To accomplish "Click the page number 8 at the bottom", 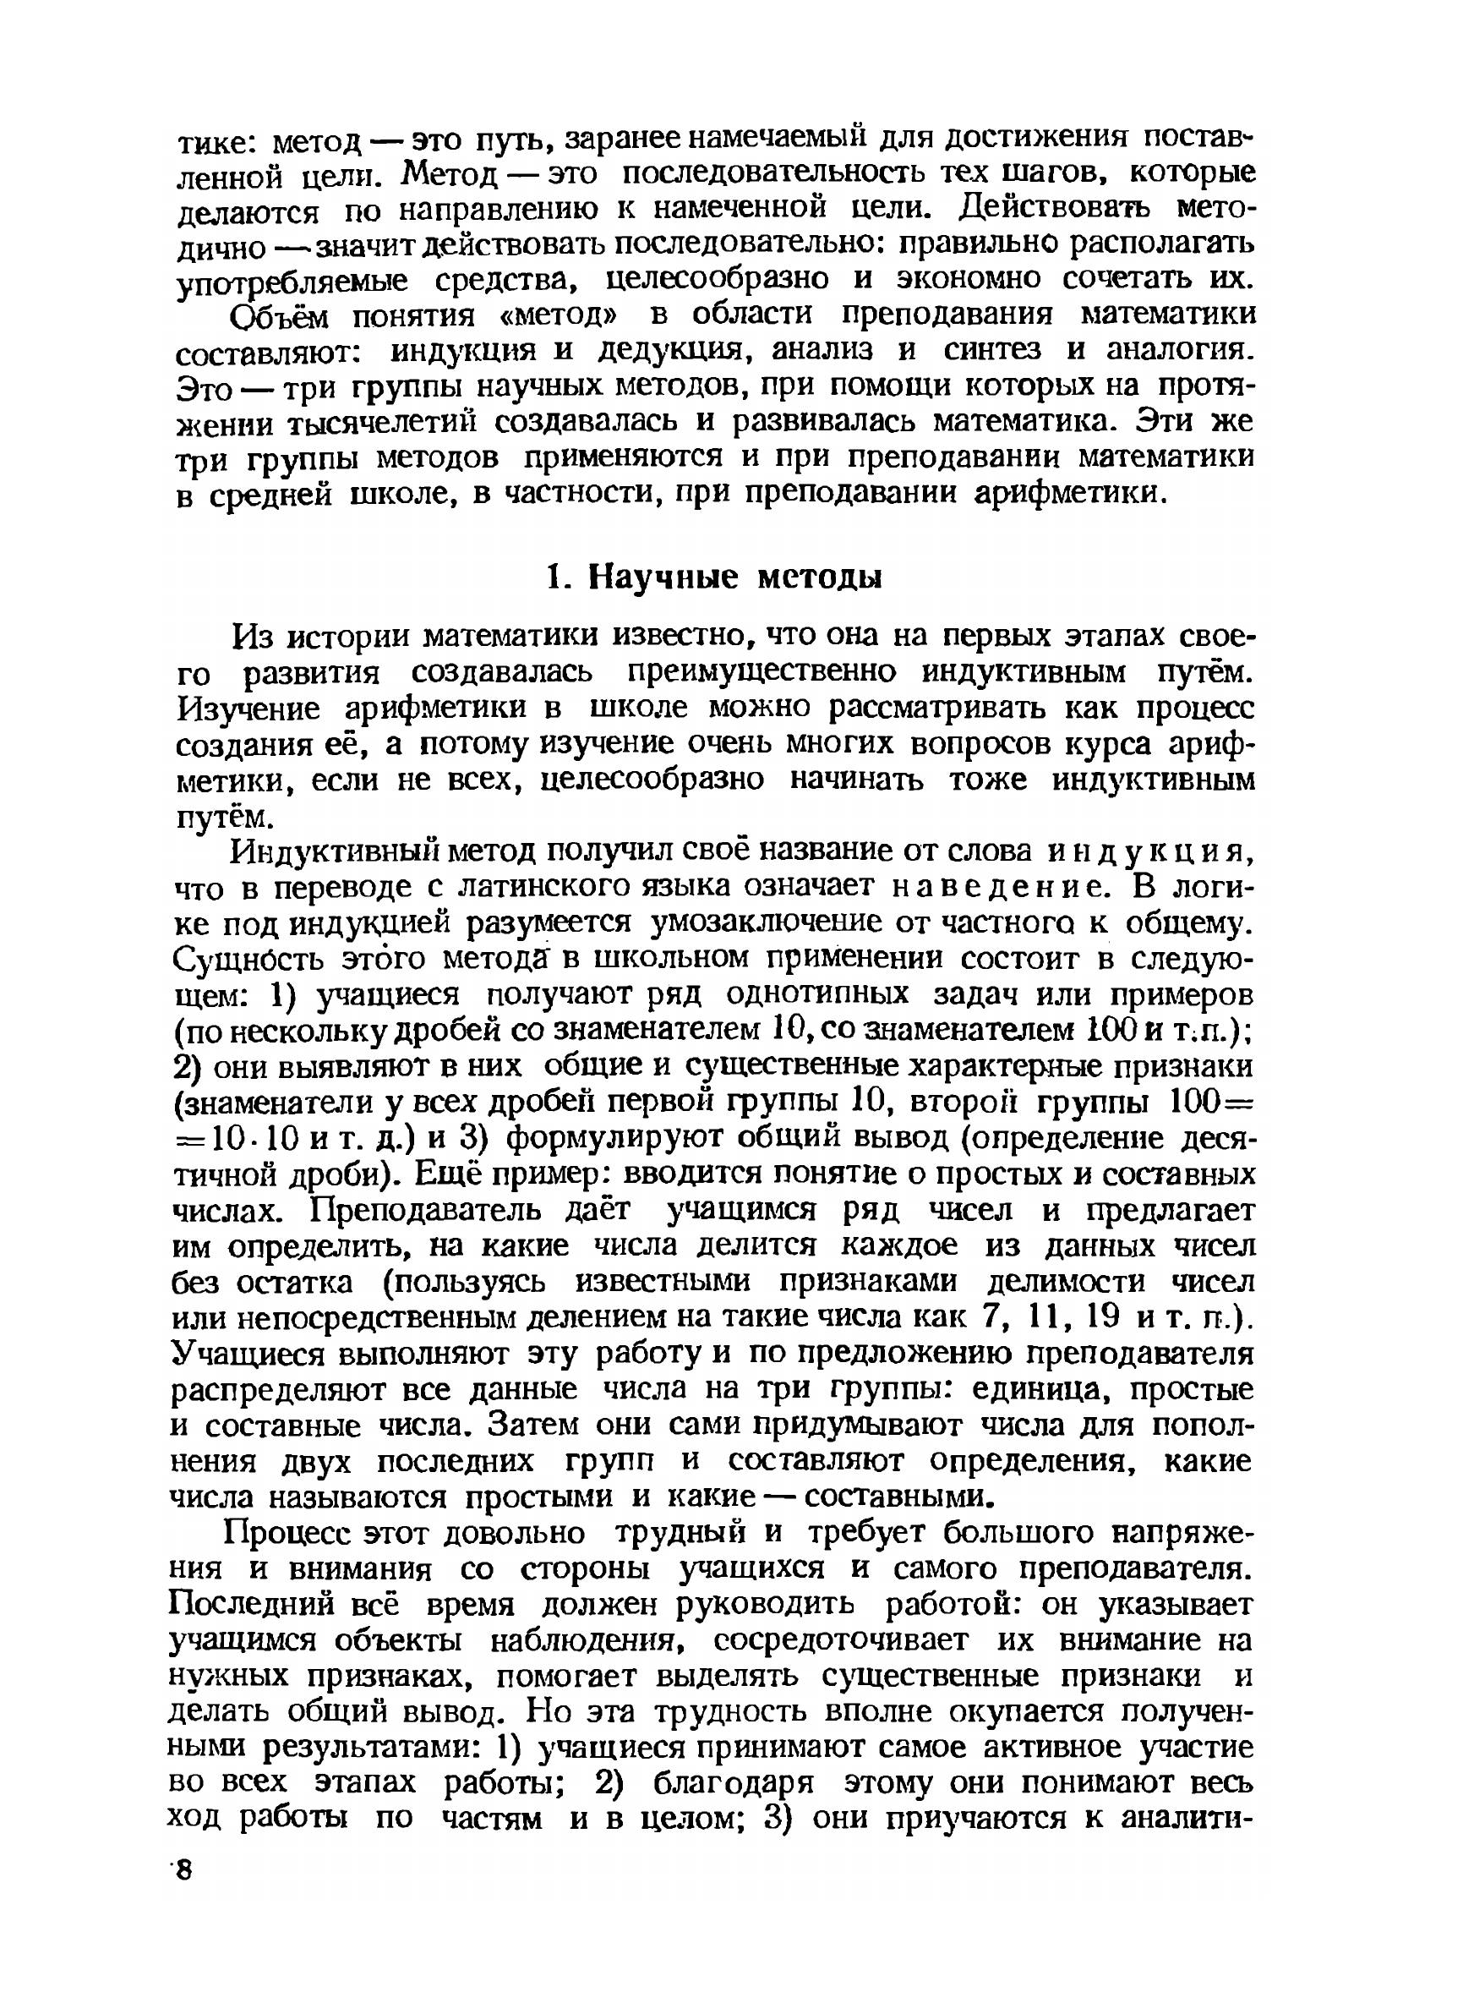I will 183,1869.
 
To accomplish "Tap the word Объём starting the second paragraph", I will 278,316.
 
